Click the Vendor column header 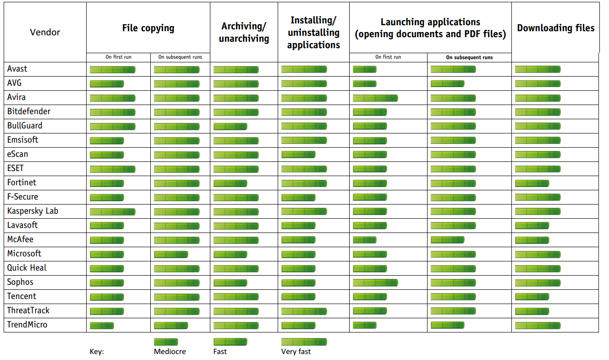[45, 32]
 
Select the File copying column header [148, 28]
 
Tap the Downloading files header [555, 28]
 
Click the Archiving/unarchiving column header [244, 32]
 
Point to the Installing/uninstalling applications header [313, 33]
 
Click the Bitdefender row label [29, 111]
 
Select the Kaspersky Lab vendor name [33, 211]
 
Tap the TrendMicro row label [27, 325]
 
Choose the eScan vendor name [17, 154]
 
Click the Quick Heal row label [27, 268]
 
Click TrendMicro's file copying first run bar [102, 326]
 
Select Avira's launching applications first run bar [375, 98]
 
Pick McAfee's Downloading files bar [532, 240]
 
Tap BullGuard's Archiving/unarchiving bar [230, 127]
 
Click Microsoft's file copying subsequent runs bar [171, 255]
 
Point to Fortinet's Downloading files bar [532, 183]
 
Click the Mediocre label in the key [170, 352]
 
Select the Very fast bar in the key [304, 342]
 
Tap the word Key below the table [97, 352]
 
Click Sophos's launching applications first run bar [375, 282]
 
